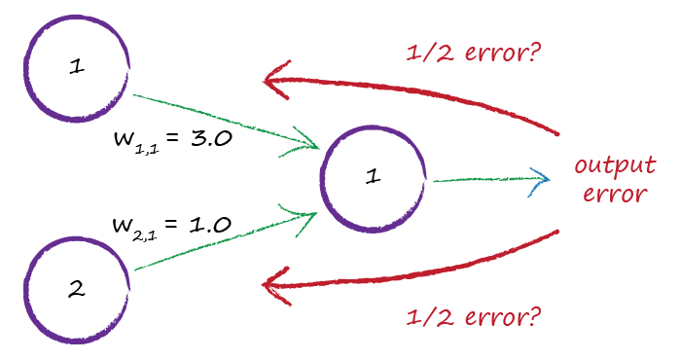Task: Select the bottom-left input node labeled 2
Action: click(x=77, y=289)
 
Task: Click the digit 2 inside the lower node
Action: click(x=76, y=289)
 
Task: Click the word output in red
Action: click(x=615, y=164)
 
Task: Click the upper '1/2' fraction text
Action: click(x=426, y=52)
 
